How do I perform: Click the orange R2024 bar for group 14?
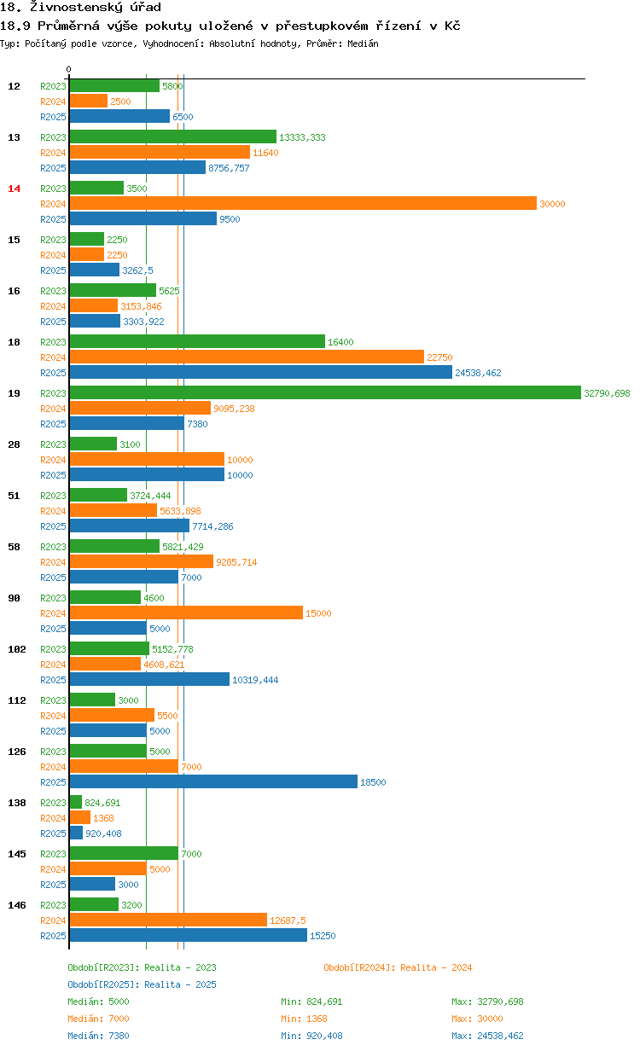click(x=303, y=203)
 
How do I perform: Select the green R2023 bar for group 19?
click(x=325, y=392)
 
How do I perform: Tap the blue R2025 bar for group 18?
click(x=260, y=372)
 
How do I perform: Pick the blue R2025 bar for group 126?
click(x=213, y=781)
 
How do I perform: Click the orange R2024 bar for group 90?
click(x=186, y=613)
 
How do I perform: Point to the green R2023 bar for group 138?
click(x=75, y=802)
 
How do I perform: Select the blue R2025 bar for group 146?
click(x=188, y=935)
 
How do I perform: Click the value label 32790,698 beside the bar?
click(x=607, y=393)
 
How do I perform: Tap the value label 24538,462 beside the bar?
click(x=478, y=373)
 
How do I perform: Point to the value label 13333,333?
click(x=302, y=137)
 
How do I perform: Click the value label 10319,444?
click(x=255, y=680)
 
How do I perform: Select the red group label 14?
click(x=14, y=189)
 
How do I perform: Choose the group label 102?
click(x=17, y=649)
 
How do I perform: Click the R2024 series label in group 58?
click(x=53, y=562)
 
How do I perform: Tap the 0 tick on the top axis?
click(x=69, y=69)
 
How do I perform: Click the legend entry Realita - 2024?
click(x=398, y=967)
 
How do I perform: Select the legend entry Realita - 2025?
click(x=142, y=984)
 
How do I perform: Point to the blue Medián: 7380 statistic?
click(x=99, y=1036)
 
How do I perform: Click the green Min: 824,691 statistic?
click(x=311, y=1002)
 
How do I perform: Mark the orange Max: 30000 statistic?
click(x=477, y=1019)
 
